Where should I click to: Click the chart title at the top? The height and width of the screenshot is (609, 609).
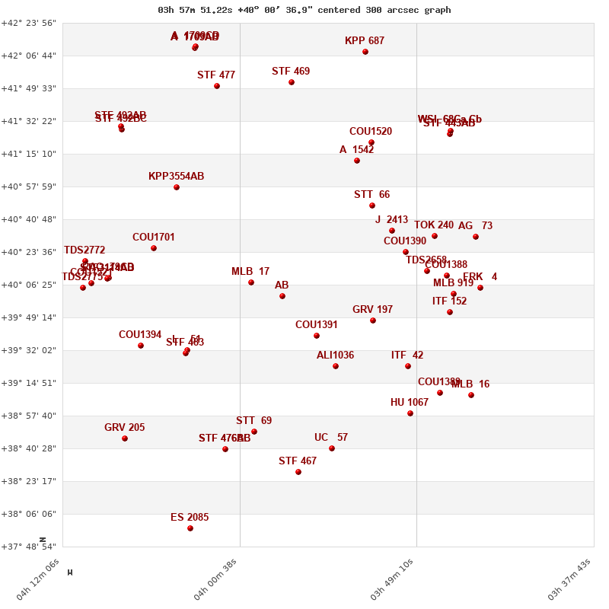304,10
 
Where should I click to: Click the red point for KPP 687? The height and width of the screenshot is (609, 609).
365,52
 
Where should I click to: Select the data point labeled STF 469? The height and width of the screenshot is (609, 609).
292,82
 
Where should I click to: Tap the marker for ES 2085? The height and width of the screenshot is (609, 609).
190,528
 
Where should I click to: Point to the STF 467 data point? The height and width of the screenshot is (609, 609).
298,472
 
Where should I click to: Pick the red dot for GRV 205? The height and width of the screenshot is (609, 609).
125,438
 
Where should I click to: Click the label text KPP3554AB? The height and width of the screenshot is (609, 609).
176,177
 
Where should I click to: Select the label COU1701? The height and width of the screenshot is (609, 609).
153,238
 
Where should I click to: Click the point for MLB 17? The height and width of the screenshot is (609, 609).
251,282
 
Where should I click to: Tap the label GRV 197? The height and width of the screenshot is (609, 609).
372,310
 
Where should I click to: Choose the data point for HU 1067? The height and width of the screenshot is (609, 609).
410,413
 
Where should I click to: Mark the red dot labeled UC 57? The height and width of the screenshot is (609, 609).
332,448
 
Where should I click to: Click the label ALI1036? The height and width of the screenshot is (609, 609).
335,356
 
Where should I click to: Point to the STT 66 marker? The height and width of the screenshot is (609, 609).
372,206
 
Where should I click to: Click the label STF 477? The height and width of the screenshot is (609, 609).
216,75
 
